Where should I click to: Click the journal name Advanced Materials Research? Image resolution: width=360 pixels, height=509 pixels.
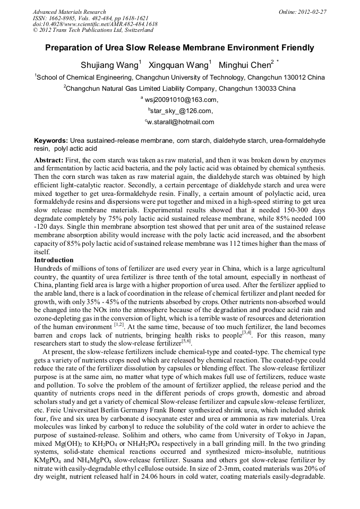click(69, 12)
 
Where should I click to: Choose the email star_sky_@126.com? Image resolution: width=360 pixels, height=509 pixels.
click(182, 111)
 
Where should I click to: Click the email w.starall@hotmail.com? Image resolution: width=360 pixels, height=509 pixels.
click(181, 122)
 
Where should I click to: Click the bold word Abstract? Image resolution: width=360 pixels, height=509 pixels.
click(48, 160)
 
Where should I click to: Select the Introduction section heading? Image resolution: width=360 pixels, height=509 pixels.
click(54, 260)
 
